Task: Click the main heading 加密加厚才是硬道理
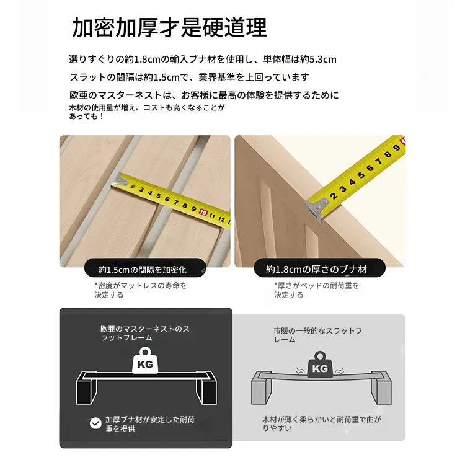coord(169,27)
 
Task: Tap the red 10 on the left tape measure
coord(203,212)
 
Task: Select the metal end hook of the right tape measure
coord(317,208)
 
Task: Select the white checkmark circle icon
coord(95,423)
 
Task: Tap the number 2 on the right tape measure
coord(334,196)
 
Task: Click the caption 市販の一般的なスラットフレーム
coord(317,335)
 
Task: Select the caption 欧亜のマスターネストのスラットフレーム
coord(144,334)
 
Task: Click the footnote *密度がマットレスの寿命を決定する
coord(141,290)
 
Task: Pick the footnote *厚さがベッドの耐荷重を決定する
coord(316,290)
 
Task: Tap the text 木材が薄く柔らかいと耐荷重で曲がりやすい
coord(322,424)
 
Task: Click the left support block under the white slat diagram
coord(87,389)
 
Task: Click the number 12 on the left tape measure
coord(221,219)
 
